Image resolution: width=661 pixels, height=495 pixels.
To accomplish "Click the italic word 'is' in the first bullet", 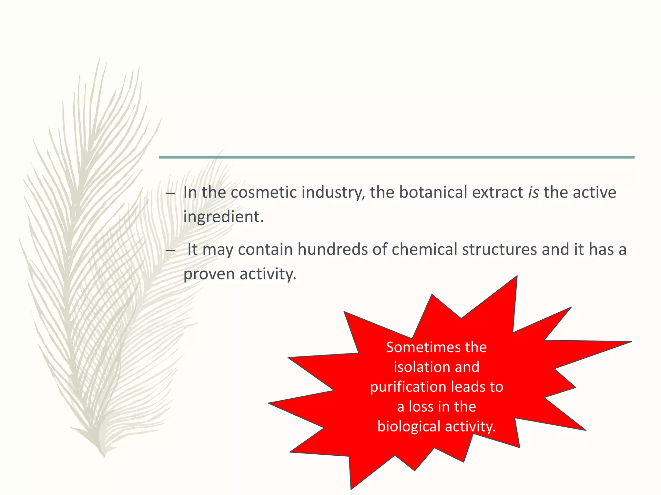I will (533, 192).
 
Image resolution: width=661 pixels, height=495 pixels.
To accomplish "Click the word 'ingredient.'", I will (223, 217).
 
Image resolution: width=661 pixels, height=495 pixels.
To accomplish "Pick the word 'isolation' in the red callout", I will (414, 367).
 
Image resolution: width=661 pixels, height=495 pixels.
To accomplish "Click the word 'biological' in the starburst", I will (409, 426).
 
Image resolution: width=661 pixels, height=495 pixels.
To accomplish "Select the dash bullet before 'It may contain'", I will (170, 250).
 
